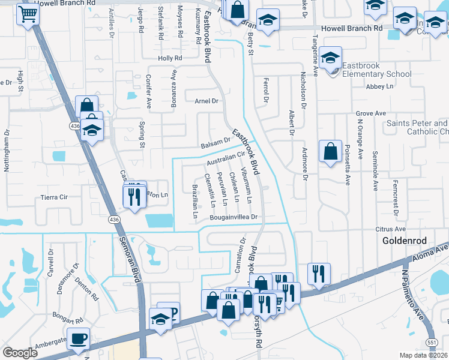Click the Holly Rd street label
pos(169,58)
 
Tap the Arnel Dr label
pos(206,101)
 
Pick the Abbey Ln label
pos(379,86)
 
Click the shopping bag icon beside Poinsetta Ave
pos(330,152)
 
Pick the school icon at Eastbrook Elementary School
pos(330,58)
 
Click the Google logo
pos(20,353)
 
